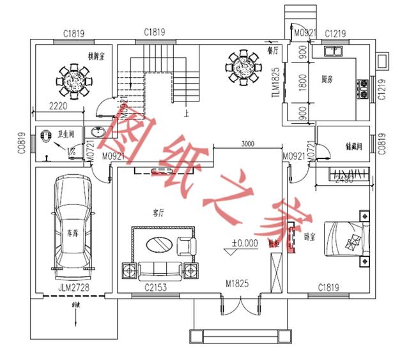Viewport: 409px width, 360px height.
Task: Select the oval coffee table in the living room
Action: (x=158, y=244)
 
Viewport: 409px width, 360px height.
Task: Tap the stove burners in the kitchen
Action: (x=364, y=89)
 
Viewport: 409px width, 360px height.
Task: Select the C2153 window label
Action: (x=155, y=289)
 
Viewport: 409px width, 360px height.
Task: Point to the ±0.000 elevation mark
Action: (x=245, y=243)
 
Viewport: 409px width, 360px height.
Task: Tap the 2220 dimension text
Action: (x=59, y=107)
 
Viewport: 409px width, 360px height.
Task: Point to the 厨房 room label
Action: (x=328, y=79)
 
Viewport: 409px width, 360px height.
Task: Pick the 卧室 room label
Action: (x=309, y=236)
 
